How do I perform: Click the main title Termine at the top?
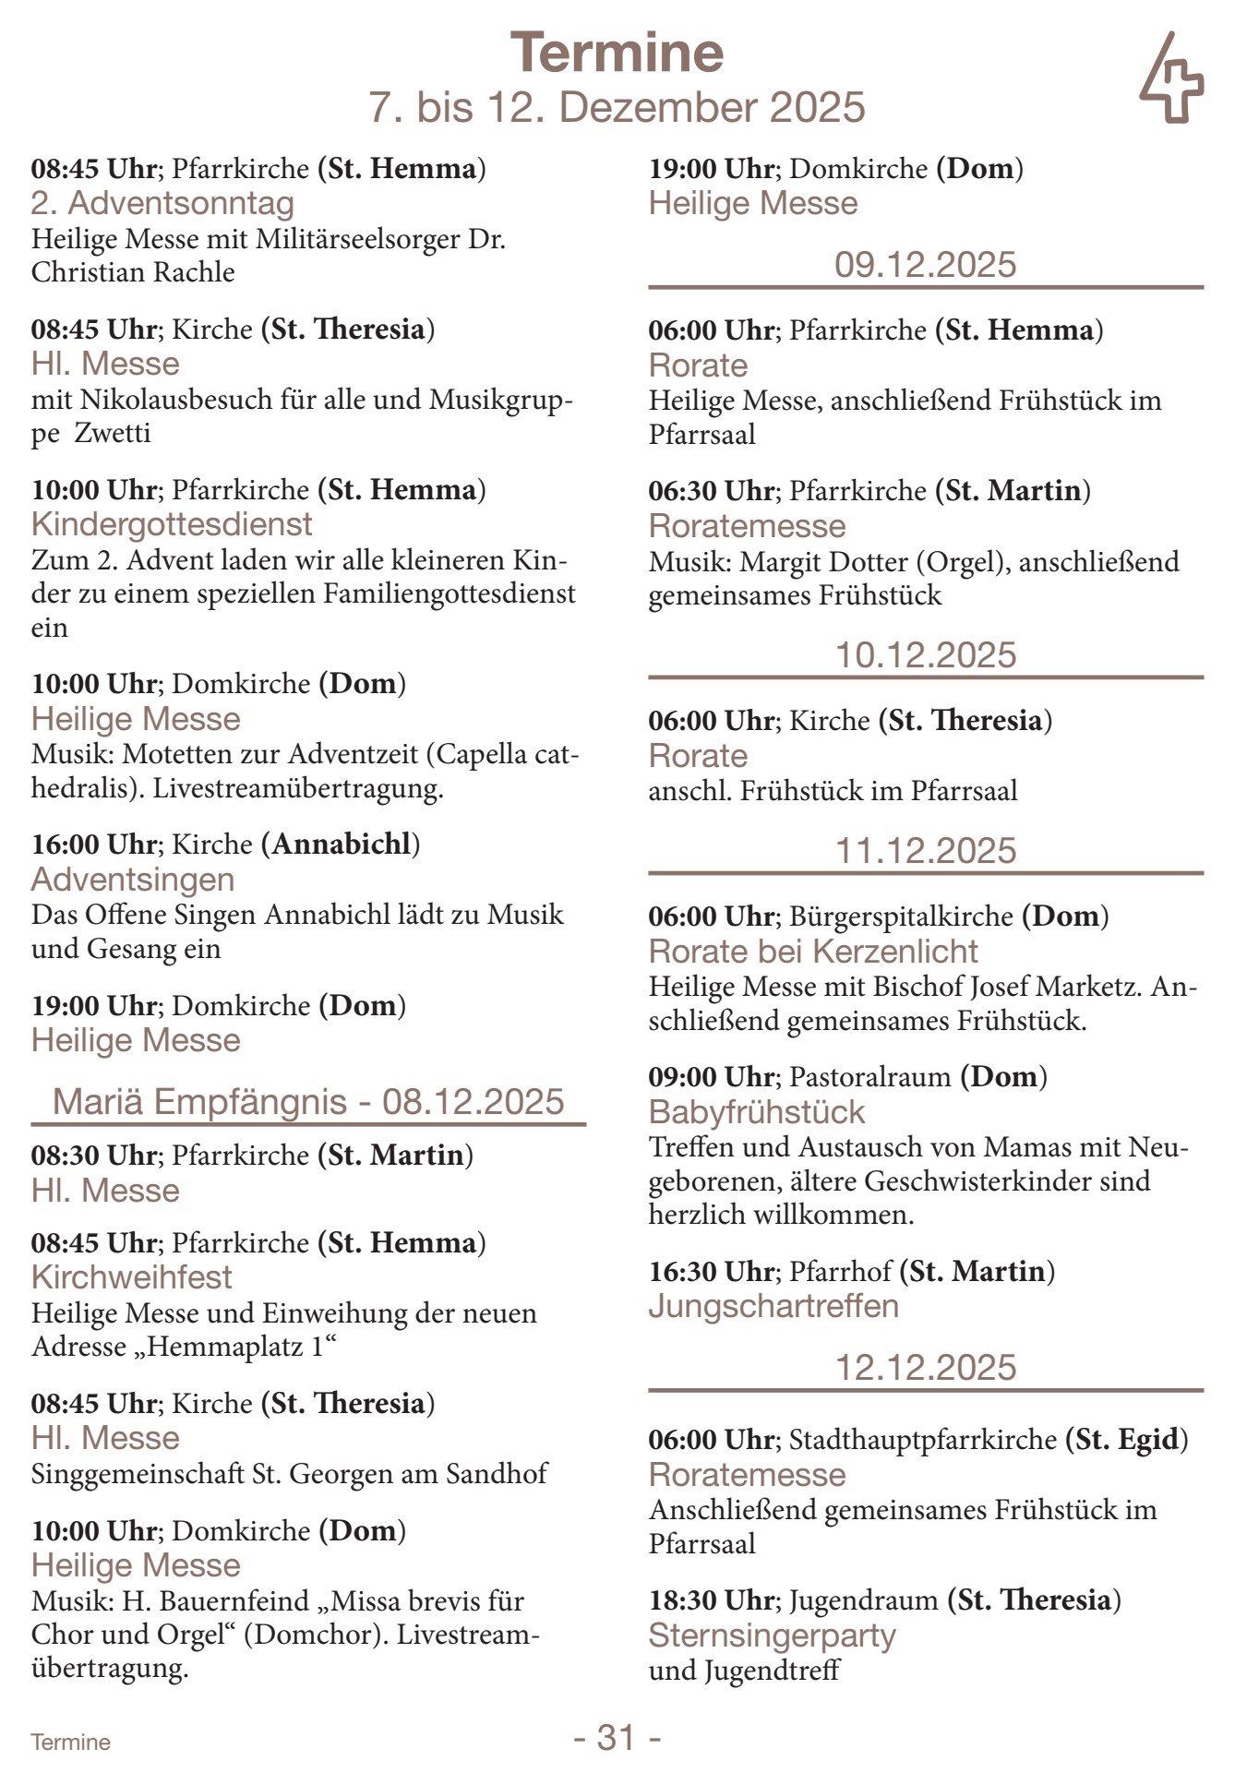[x=617, y=53]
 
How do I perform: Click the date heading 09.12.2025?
[x=925, y=265]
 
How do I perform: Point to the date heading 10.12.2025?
[x=925, y=655]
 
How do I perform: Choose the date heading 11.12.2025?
[x=925, y=851]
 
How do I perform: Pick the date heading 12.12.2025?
[x=925, y=1367]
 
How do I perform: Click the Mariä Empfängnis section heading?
[x=308, y=1102]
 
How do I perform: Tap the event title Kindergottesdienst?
[x=172, y=524]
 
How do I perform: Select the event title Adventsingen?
[x=133, y=880]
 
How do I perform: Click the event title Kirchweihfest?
[x=132, y=1277]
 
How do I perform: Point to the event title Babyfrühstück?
[x=757, y=1112]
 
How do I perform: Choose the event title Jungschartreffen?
[x=773, y=1306]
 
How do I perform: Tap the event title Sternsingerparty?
[x=773, y=1635]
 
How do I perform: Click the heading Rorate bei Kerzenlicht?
[x=813, y=952]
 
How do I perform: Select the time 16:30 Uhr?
[x=711, y=1272]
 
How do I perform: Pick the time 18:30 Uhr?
[x=711, y=1599]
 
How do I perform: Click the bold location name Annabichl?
[x=341, y=845]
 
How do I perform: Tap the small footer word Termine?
[x=70, y=1743]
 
